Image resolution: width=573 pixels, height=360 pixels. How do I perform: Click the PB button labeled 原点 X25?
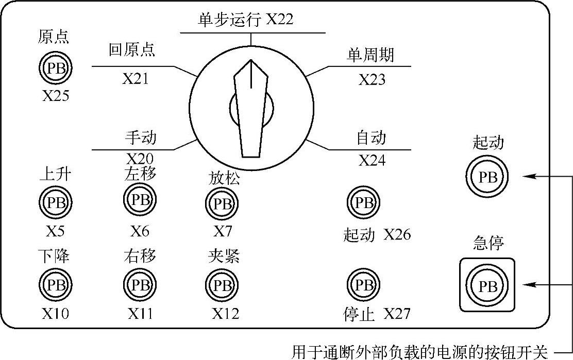(55, 67)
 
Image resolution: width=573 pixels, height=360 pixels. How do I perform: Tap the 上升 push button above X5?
(55, 202)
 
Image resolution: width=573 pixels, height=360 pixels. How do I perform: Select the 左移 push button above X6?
(139, 199)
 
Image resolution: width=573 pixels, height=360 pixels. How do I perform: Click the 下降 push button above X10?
(55, 284)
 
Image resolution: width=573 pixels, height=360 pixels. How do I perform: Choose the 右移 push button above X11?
(139, 284)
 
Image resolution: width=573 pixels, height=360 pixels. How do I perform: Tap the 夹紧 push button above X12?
(222, 284)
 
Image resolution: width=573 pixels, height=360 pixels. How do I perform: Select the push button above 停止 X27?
(364, 284)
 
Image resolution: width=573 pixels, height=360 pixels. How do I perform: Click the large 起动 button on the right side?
(487, 177)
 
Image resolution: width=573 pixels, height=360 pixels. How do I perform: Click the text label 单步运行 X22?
(245, 20)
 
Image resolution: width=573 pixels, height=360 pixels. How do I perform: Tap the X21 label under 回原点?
(135, 79)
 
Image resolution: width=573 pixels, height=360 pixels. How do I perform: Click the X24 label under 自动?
(372, 161)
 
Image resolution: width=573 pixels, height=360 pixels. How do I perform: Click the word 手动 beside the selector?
(140, 138)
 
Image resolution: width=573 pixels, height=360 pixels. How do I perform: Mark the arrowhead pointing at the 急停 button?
(528, 284)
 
